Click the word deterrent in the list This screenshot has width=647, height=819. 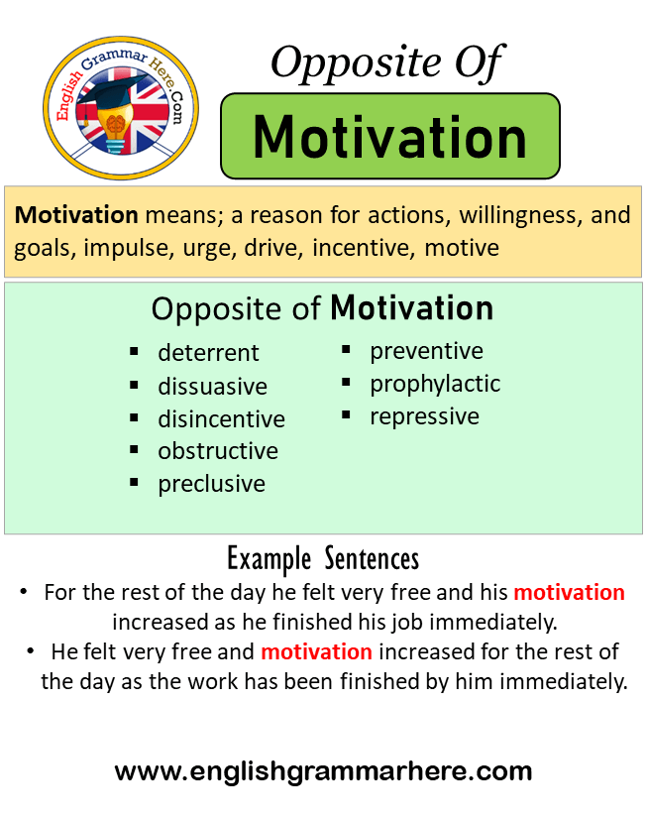(x=208, y=353)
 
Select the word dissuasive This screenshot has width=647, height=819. (x=212, y=386)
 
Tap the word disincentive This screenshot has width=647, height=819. (x=221, y=418)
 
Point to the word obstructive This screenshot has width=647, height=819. (x=218, y=451)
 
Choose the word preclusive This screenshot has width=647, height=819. (x=211, y=484)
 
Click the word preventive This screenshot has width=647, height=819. (x=426, y=351)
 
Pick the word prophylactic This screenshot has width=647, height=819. (x=435, y=385)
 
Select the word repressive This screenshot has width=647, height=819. (x=424, y=416)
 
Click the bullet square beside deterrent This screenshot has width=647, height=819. (x=134, y=352)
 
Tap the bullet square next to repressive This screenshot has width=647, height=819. (x=346, y=414)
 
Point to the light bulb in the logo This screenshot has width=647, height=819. (x=116, y=128)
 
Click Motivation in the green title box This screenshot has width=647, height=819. (x=389, y=137)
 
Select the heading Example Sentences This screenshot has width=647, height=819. (x=323, y=559)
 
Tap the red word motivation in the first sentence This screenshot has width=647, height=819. (x=570, y=592)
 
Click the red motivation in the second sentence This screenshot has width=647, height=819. (x=316, y=651)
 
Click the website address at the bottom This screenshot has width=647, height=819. (x=323, y=771)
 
